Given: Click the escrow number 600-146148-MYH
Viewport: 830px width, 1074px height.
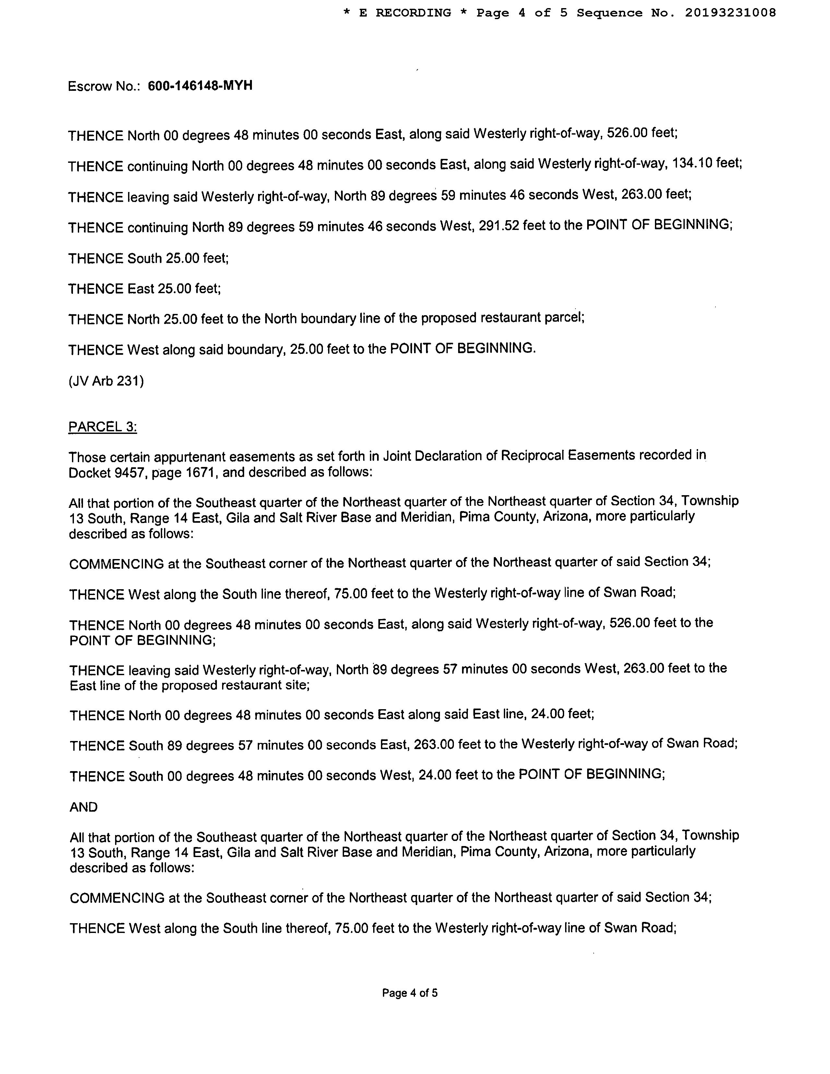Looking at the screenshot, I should click(x=200, y=86).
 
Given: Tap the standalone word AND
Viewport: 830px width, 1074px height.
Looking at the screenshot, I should click(x=84, y=807).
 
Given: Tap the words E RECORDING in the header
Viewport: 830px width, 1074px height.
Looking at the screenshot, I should click(x=405, y=13).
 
